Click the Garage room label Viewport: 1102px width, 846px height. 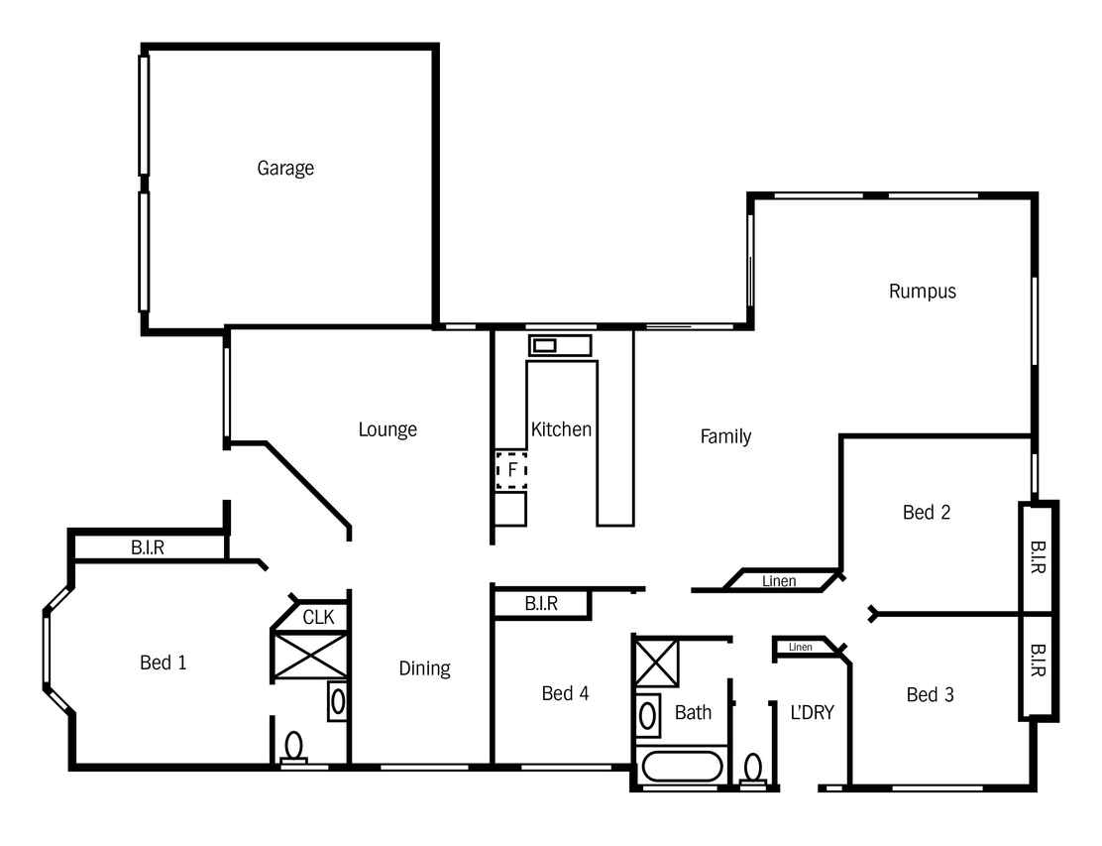pos(285,168)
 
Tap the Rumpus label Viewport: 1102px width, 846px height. pos(922,292)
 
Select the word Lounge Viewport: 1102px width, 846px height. pos(387,429)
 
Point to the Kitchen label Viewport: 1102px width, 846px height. pos(561,429)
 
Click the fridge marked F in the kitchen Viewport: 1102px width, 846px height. pos(511,470)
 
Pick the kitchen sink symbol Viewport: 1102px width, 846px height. pos(560,345)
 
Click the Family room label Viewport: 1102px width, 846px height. pos(726,436)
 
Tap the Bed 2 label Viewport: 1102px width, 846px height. pos(927,512)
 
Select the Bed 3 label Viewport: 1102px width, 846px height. pos(930,695)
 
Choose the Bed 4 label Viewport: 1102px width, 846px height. pos(565,693)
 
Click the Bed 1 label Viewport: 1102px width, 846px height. pos(164,663)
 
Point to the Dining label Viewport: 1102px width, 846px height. pos(424,668)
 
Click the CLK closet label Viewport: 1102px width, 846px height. pos(318,618)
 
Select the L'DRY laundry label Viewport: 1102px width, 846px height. pos(813,712)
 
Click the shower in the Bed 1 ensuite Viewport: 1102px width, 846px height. pos(310,657)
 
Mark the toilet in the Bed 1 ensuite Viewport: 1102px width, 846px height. pos(293,748)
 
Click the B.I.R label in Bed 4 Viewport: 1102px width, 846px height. pos(541,603)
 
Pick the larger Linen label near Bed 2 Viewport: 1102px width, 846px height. pos(779,581)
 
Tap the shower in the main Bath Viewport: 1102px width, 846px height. pos(657,663)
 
